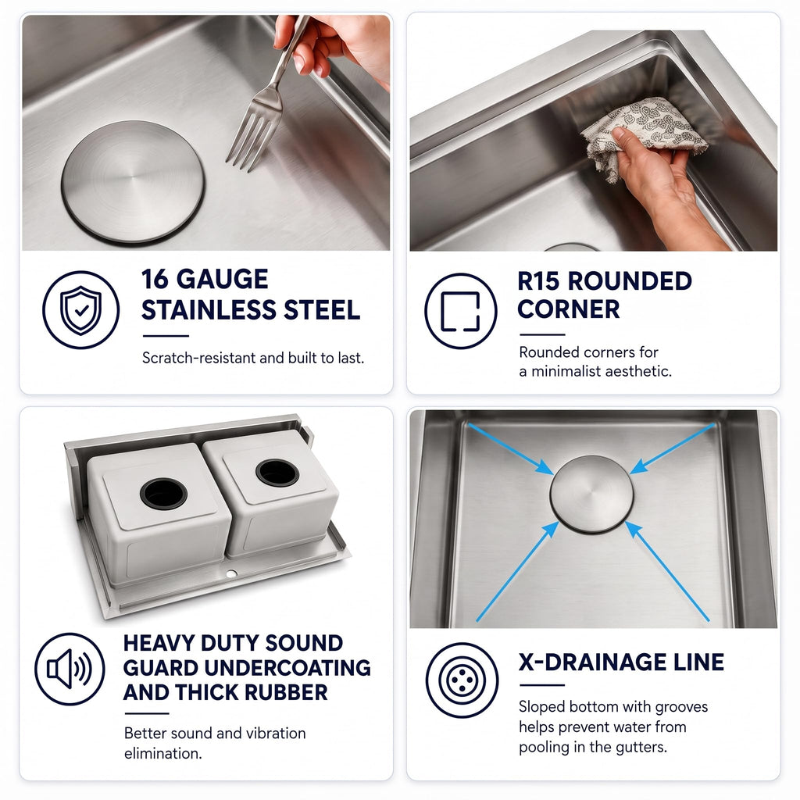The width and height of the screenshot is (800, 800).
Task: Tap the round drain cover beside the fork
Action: pyautogui.click(x=133, y=181)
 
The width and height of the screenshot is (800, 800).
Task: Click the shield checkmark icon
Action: pyautogui.click(x=80, y=309)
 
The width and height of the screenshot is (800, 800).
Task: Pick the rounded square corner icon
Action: pyautogui.click(x=460, y=311)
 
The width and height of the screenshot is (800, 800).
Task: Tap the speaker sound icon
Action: pyautogui.click(x=70, y=669)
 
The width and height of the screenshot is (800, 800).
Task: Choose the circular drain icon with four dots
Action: pyautogui.click(x=462, y=680)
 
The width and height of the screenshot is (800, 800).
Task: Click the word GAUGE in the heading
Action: pyautogui.click(x=223, y=279)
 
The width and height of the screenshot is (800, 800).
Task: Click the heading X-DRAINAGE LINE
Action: pyautogui.click(x=621, y=662)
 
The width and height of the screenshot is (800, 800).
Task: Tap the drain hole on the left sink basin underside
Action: pyautogui.click(x=163, y=494)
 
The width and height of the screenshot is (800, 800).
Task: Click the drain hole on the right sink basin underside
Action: pyautogui.click(x=277, y=473)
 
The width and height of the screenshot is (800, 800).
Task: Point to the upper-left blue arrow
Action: pyautogui.click(x=510, y=448)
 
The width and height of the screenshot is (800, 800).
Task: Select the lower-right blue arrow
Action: pyautogui.click(x=667, y=571)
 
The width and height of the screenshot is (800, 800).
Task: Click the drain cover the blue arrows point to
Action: pyautogui.click(x=591, y=495)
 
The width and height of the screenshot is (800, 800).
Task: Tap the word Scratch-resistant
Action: pyautogui.click(x=199, y=358)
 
